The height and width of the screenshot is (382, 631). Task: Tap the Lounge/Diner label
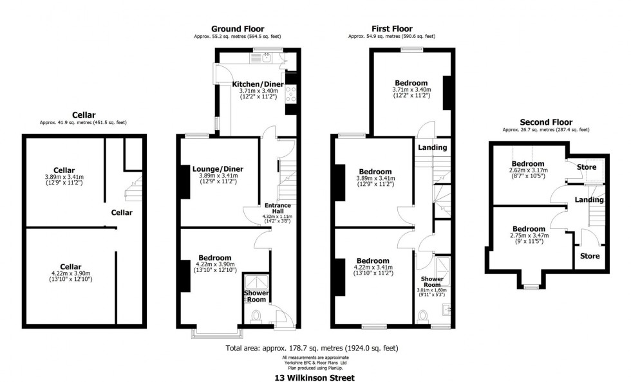point(218,169)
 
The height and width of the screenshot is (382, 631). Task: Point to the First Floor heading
point(391,28)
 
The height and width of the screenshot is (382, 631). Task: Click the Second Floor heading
point(545,122)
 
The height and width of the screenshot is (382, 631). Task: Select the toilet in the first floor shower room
point(423,316)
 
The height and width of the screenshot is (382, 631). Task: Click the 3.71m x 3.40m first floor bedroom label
point(411,83)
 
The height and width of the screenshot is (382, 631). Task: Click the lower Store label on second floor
point(590,256)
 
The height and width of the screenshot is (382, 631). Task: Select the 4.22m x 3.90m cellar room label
point(71,266)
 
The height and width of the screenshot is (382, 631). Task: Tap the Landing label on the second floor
point(589,199)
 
